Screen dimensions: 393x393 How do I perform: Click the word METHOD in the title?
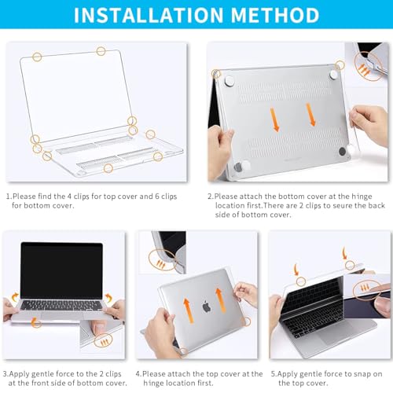coord(273,15)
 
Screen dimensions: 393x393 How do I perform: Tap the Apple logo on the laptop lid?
coord(207,307)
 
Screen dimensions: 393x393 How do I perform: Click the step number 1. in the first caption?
coord(9,196)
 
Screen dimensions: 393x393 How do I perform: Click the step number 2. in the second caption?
coord(211,196)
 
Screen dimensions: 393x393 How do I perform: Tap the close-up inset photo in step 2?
coord(373,67)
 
